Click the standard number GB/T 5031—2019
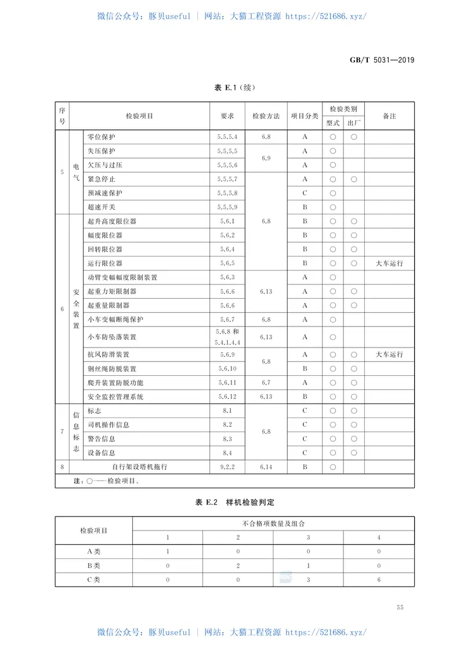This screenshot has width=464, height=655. coord(382,60)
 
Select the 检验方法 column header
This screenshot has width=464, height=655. coord(266,116)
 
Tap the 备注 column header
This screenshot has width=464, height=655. coord(389,116)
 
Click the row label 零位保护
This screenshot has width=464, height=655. coord(101,137)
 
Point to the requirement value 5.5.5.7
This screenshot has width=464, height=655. coord(227,179)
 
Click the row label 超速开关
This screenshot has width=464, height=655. coord(101,207)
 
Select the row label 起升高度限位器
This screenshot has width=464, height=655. coord(113,221)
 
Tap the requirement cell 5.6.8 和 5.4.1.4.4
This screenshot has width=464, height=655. coord(227,337)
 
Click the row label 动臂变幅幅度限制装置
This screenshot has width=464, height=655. coord(122,277)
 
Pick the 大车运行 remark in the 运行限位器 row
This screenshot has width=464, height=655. coord(389,264)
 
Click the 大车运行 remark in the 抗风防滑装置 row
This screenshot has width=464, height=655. coord(389,354)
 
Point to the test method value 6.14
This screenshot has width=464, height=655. coord(266,466)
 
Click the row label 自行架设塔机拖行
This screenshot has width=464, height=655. coord(140,466)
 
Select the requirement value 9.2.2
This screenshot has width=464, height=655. coord(227,466)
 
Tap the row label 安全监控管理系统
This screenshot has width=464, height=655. coord(115,397)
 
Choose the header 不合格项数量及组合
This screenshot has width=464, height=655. coord(273,524)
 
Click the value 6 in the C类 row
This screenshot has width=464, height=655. coord(379,579)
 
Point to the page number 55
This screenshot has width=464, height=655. coord(400,607)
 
